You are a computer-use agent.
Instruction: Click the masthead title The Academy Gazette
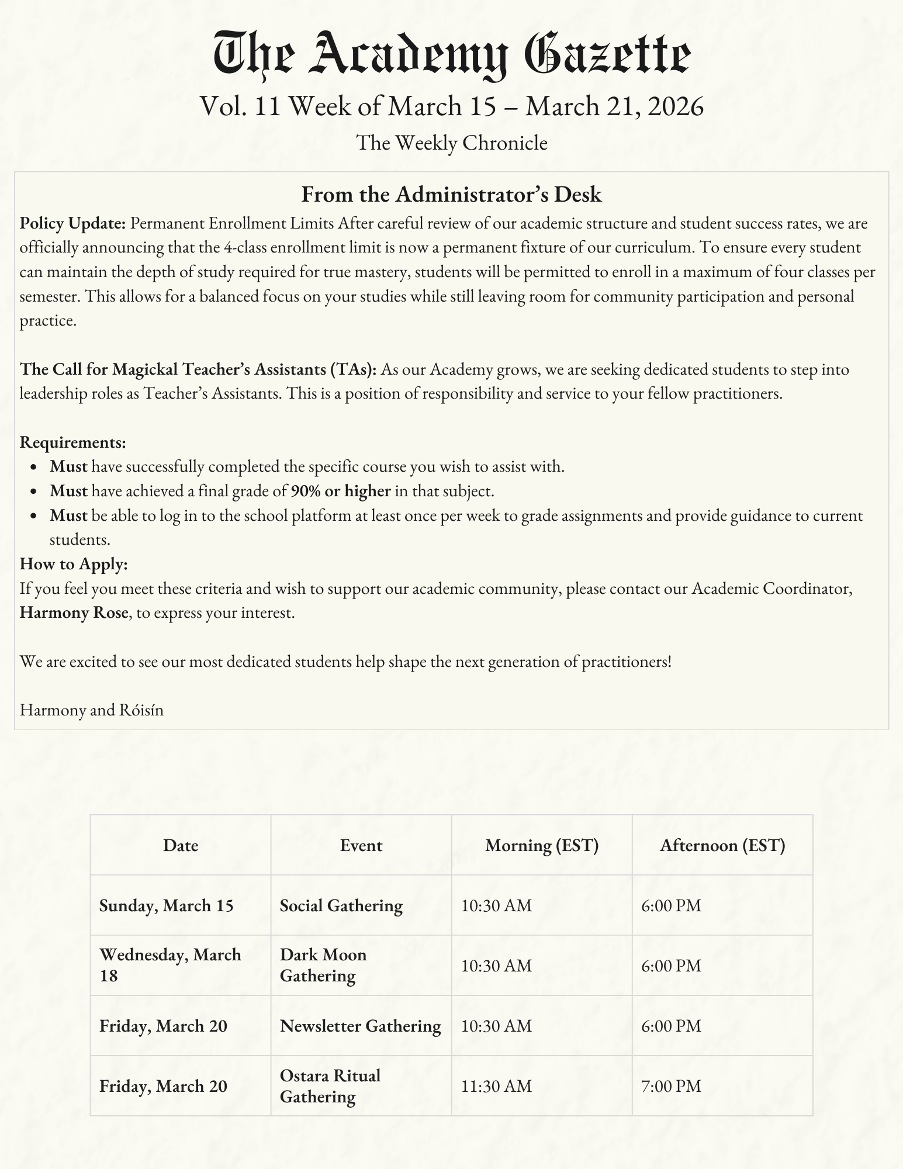point(451,56)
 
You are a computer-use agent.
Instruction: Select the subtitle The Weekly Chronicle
point(451,143)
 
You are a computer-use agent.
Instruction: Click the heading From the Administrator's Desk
point(451,195)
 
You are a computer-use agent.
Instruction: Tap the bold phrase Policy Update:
point(73,223)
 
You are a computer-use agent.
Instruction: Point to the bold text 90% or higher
point(341,491)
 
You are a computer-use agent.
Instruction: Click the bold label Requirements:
point(73,442)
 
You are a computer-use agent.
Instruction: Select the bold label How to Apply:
point(74,564)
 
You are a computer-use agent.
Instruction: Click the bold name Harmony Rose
point(74,613)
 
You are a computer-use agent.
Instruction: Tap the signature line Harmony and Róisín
point(92,710)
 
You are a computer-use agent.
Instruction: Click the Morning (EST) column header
point(542,845)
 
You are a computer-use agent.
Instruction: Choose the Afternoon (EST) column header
point(722,845)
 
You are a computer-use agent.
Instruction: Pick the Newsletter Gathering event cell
point(361,1026)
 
